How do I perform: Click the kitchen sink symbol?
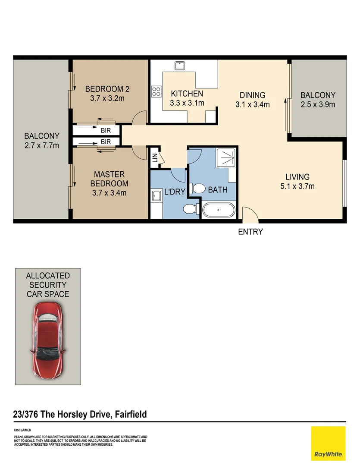coord(180,66)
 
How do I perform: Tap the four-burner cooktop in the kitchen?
coord(156,91)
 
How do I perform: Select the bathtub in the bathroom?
coord(219,210)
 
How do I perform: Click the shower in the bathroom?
coord(226,158)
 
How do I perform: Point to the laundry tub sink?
coord(156,196)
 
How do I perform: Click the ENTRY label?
coord(250,232)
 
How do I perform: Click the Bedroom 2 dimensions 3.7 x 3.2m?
coord(107,98)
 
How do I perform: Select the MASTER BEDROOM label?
coord(110,179)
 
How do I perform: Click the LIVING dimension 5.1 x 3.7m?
coord(297,186)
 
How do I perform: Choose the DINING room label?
coord(253,95)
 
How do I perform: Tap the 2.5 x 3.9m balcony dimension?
coord(318,104)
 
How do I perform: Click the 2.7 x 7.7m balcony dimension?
coord(41,146)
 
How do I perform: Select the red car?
coord(47,340)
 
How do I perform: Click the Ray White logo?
coord(328,444)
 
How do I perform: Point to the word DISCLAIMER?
coord(22,430)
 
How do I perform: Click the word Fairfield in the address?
coord(131,414)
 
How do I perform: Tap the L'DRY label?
coord(175,192)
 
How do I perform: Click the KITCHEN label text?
coord(187,94)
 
